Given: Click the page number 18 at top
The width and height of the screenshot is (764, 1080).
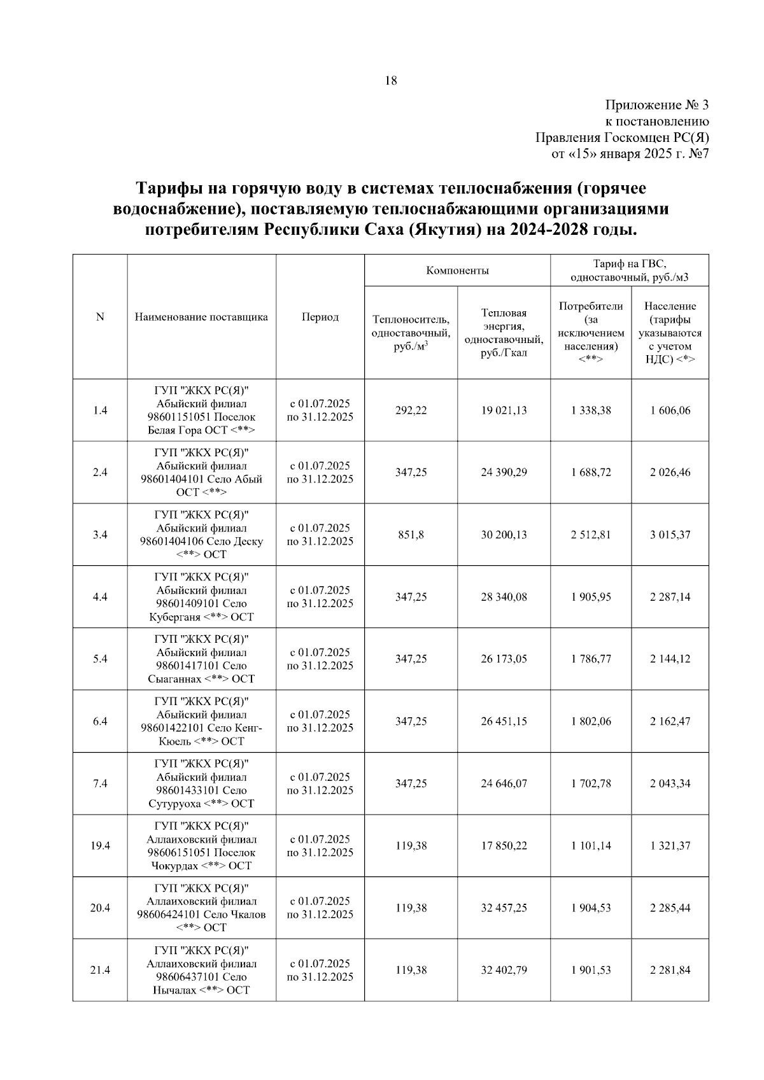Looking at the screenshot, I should [x=391, y=81].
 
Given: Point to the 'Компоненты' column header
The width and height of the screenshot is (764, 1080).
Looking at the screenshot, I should [x=457, y=270].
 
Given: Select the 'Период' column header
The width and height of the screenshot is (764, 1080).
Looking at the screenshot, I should [x=320, y=317].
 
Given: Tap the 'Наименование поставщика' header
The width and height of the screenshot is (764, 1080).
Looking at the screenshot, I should [x=201, y=317].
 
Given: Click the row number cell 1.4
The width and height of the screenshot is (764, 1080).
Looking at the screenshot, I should [x=100, y=410].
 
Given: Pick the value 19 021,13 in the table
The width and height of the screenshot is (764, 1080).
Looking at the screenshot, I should [x=504, y=410].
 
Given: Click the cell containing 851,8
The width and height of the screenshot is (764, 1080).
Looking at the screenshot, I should [x=411, y=535].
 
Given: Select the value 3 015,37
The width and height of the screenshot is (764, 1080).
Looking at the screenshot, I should [x=670, y=535].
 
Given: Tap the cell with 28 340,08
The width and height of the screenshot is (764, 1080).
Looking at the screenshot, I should [x=504, y=597].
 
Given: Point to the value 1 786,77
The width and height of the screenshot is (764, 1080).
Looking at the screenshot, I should [x=591, y=659].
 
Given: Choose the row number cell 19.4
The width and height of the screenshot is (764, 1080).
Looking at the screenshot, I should [x=100, y=846].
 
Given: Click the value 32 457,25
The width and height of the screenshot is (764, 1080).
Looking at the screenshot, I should [x=504, y=908].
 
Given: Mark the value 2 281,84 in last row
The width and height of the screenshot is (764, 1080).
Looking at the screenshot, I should [x=670, y=970].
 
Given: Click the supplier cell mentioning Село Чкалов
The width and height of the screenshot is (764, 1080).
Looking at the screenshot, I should [x=201, y=908].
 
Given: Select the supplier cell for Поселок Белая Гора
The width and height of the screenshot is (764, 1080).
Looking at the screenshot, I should [x=201, y=410].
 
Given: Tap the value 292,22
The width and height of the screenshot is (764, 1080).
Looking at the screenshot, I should [x=411, y=410].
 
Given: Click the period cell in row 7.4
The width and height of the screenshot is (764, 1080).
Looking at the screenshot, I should [x=320, y=783].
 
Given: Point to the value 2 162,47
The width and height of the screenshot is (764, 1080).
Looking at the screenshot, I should [x=670, y=721].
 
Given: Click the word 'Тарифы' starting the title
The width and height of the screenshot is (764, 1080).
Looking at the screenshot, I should [x=167, y=189].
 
